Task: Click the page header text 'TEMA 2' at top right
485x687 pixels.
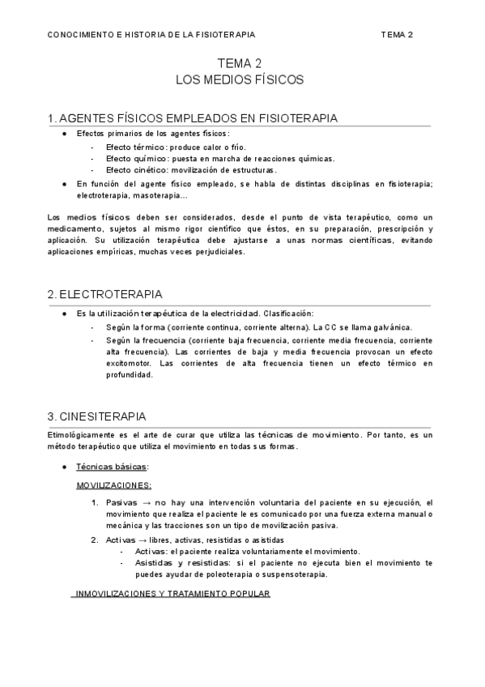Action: (x=397, y=35)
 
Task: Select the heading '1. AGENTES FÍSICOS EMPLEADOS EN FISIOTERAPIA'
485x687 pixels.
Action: (x=193, y=118)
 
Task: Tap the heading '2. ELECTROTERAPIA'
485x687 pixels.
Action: (x=105, y=293)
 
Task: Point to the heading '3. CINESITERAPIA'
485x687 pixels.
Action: (x=98, y=416)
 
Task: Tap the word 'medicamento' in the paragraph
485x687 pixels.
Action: (x=74, y=228)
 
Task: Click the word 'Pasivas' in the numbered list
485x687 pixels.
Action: (x=121, y=503)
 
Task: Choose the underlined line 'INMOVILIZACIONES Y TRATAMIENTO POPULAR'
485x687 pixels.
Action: (x=172, y=594)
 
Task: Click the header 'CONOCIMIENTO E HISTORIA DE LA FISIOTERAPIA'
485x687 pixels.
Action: (x=151, y=35)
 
